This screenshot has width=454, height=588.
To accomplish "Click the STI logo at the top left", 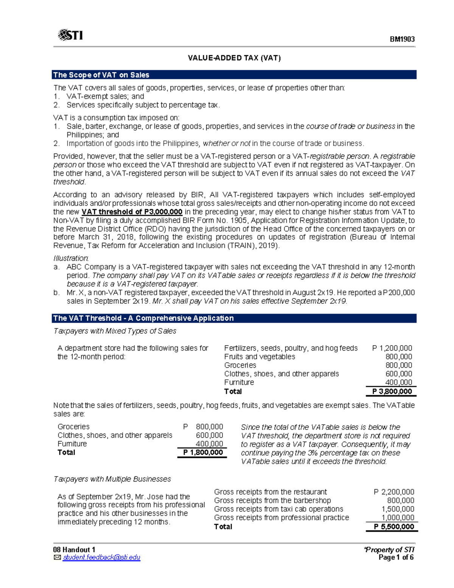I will [70, 35].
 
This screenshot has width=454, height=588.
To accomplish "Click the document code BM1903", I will [402, 39].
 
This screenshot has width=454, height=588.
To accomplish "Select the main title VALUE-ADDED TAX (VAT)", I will [234, 58].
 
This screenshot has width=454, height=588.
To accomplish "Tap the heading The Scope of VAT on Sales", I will [101, 75].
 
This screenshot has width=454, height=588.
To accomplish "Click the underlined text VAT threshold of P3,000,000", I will [132, 212].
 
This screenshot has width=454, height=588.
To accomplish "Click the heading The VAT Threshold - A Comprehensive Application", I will [143, 318].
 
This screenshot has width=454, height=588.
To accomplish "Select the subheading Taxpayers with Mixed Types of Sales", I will [115, 331].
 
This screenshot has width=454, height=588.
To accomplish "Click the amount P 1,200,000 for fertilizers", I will [392, 348].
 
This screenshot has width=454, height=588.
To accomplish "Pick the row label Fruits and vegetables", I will [260, 357].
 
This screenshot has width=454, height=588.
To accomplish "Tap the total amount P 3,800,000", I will [392, 391].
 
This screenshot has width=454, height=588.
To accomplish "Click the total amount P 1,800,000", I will [203, 452].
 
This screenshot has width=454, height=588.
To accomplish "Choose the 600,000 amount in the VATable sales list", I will [209, 435].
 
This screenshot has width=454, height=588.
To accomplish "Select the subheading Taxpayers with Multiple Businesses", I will [112, 479].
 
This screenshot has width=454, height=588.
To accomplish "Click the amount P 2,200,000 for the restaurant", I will [394, 492].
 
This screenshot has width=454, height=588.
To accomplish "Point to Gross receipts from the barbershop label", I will [272, 501].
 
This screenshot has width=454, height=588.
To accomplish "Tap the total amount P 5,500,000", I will [394, 527].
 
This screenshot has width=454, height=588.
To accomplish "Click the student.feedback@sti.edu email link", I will [101, 557].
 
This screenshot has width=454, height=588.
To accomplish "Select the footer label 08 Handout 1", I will [74, 550].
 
